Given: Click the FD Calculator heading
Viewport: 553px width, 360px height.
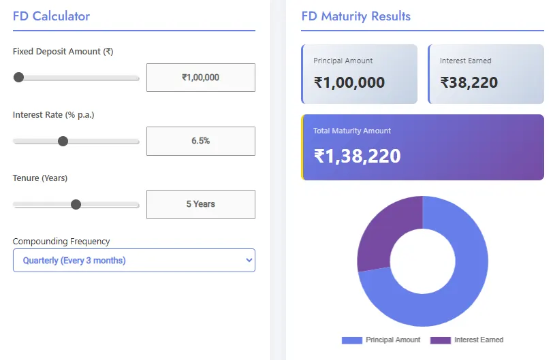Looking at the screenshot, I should pyautogui.click(x=51, y=16).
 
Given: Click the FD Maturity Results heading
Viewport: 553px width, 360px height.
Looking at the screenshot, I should pyautogui.click(x=355, y=16).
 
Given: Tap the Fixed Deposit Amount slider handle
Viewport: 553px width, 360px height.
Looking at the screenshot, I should pyautogui.click(x=19, y=78).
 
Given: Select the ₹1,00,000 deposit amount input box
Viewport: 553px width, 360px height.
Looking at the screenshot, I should pyautogui.click(x=201, y=78).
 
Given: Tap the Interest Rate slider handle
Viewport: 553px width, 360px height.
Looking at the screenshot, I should pyautogui.click(x=63, y=141).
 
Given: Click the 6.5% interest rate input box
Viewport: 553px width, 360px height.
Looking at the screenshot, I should pyautogui.click(x=201, y=141).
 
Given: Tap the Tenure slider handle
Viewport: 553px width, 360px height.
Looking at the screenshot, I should pyautogui.click(x=76, y=204).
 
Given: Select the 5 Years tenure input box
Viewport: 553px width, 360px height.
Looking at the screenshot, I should pyautogui.click(x=201, y=204).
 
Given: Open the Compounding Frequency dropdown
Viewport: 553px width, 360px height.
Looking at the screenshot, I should pyautogui.click(x=133, y=260).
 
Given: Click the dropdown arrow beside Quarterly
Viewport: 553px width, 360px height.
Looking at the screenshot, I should pyautogui.click(x=249, y=260).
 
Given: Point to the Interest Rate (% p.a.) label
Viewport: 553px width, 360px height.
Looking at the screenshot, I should pyautogui.click(x=53, y=114).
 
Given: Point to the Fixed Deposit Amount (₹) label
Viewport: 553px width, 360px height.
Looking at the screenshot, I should pyautogui.click(x=63, y=51).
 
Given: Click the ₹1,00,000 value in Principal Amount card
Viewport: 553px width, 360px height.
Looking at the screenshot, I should pyautogui.click(x=349, y=83).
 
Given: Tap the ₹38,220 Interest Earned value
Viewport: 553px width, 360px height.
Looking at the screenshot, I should pyautogui.click(x=469, y=83).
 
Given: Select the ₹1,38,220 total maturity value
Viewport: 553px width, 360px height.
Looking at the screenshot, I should pyautogui.click(x=358, y=156).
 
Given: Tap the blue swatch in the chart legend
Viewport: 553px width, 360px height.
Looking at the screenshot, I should pyautogui.click(x=351, y=340).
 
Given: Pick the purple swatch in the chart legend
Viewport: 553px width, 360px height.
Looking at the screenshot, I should pyautogui.click(x=441, y=340).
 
